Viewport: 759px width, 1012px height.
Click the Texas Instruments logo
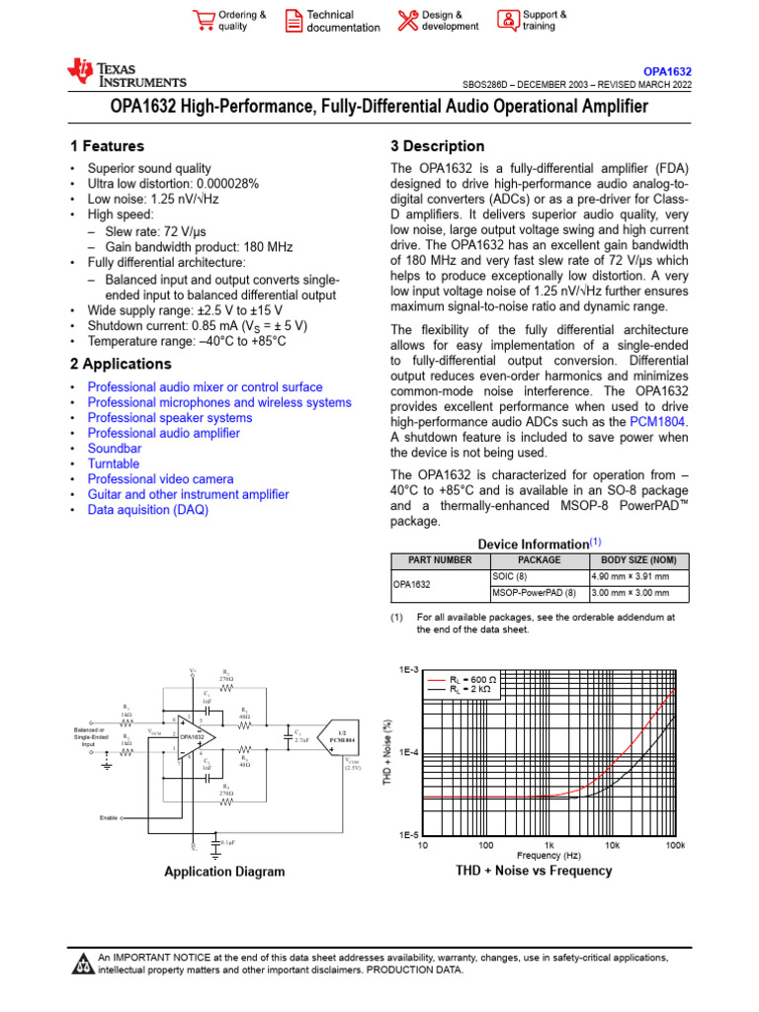tap(126, 72)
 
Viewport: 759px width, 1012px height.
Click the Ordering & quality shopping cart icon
tap(204, 21)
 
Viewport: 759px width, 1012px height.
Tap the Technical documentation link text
tap(342, 21)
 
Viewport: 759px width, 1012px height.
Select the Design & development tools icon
tap(408, 21)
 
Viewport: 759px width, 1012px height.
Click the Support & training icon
tap(507, 21)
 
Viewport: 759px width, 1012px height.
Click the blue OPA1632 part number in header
tap(667, 72)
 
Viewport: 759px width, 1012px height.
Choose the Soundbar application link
tap(114, 449)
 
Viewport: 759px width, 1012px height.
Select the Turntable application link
tap(114, 464)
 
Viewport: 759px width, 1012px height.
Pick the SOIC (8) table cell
tap(510, 576)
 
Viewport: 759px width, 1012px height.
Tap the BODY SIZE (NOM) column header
tap(637, 559)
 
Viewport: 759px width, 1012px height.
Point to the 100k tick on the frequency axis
tap(676, 846)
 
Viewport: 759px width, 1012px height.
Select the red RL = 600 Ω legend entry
tap(463, 681)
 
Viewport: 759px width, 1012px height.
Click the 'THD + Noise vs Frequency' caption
tap(534, 871)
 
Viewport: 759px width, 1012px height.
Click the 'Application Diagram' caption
tap(224, 872)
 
